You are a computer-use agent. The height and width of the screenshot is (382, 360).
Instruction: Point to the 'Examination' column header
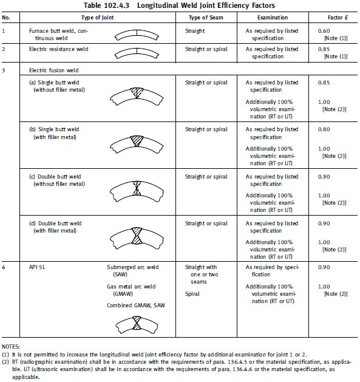pos(268,18)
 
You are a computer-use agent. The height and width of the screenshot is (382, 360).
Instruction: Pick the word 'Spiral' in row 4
pos(194,293)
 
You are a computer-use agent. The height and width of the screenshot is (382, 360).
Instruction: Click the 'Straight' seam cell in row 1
pos(195,30)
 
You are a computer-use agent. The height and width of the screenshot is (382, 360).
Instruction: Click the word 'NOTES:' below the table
pos(11,344)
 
